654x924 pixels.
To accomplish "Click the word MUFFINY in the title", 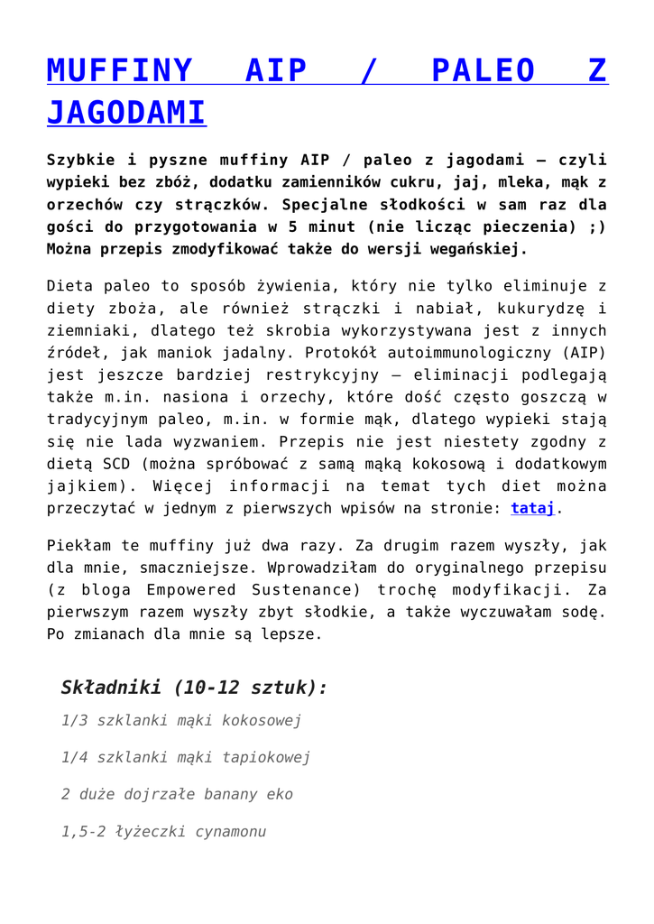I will click(119, 69).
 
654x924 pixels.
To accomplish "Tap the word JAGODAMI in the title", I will click(126, 113).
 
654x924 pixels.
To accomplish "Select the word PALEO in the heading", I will click(483, 69).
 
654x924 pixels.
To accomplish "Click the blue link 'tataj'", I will click(533, 508).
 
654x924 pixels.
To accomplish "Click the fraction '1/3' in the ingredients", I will click(75, 721).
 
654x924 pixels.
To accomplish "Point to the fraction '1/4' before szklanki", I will click(75, 758).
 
